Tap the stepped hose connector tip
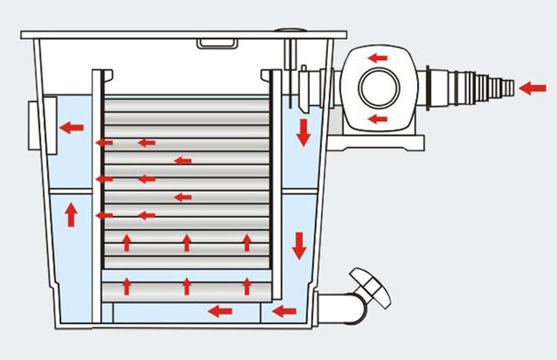pos(500,87)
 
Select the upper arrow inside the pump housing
pos(378,58)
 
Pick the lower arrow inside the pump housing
pos(378,119)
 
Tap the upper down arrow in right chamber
pos(303,133)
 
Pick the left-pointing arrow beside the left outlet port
pos(71,128)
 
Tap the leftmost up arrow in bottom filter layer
pos(127,284)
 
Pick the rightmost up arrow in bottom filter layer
pos(248,284)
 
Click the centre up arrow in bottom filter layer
pos(186,284)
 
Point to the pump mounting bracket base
pos(383,139)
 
